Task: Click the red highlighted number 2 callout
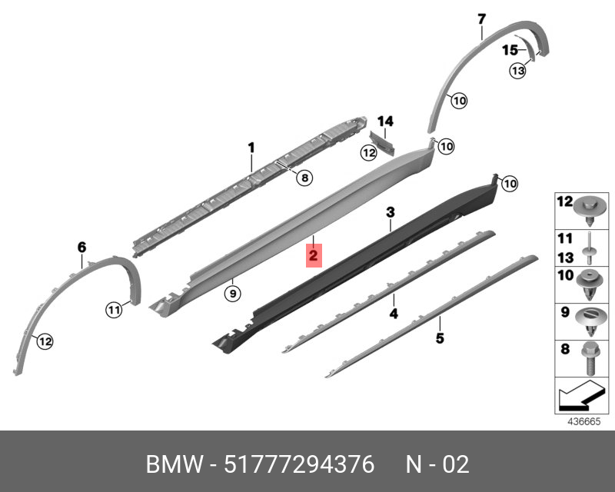314,254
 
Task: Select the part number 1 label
251,146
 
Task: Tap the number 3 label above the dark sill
391,211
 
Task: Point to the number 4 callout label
393,313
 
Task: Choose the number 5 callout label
440,337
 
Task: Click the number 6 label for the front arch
82,247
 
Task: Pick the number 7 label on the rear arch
482,18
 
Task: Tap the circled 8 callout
304,178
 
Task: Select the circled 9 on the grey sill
230,292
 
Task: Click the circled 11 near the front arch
114,311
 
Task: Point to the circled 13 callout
517,71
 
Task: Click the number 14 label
385,121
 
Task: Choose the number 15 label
510,51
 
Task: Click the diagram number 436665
582,422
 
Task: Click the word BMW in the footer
172,465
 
